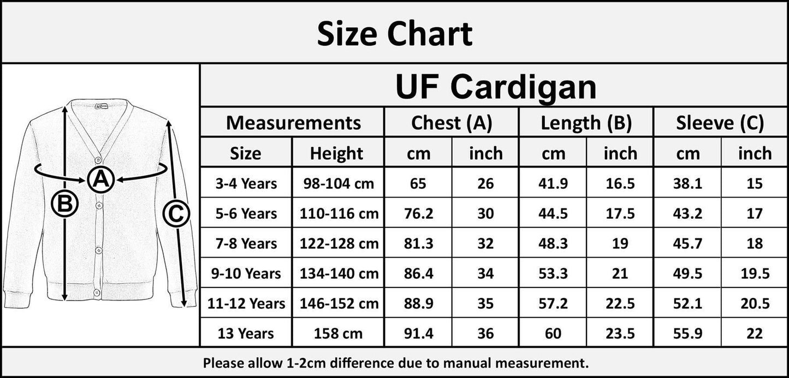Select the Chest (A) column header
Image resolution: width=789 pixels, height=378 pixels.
(452, 123)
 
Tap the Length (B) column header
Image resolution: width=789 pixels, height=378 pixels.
(586, 123)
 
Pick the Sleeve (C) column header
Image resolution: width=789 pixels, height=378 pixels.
(720, 123)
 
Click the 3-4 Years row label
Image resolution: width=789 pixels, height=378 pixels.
(246, 183)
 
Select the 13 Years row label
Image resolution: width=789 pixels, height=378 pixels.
(246, 333)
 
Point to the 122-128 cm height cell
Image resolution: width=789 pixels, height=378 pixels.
(339, 243)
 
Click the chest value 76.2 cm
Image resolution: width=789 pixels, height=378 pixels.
(418, 213)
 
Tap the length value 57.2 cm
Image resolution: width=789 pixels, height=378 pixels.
(553, 303)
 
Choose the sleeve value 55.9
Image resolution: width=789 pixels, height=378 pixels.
(687, 333)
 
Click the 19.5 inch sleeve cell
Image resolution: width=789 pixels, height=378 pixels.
(754, 273)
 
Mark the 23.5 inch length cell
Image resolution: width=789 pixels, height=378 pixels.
(620, 333)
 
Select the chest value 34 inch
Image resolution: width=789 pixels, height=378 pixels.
(485, 273)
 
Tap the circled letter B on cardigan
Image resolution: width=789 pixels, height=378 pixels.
(64, 204)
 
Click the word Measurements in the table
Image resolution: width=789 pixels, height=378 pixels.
(293, 123)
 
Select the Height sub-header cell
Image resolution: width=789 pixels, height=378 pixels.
(336, 154)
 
